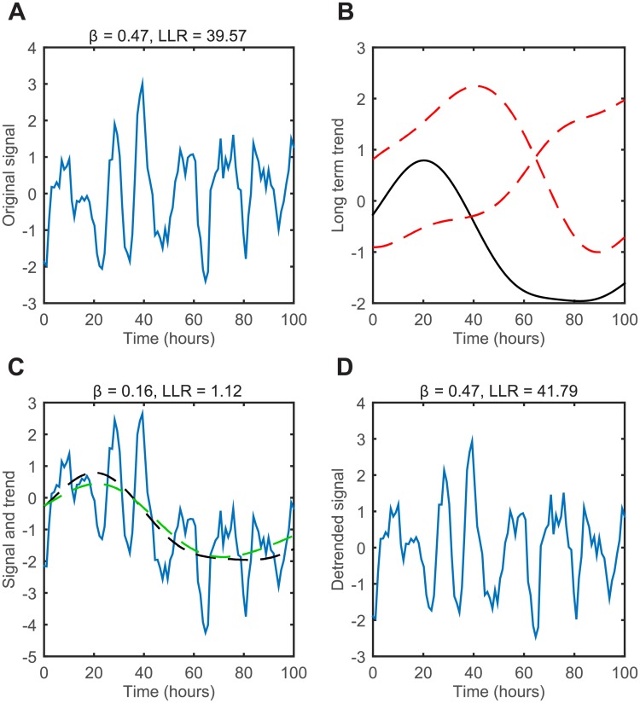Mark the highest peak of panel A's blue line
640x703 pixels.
pos(143,80)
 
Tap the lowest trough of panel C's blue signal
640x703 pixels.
pos(206,634)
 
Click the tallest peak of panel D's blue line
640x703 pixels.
pos(472,437)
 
